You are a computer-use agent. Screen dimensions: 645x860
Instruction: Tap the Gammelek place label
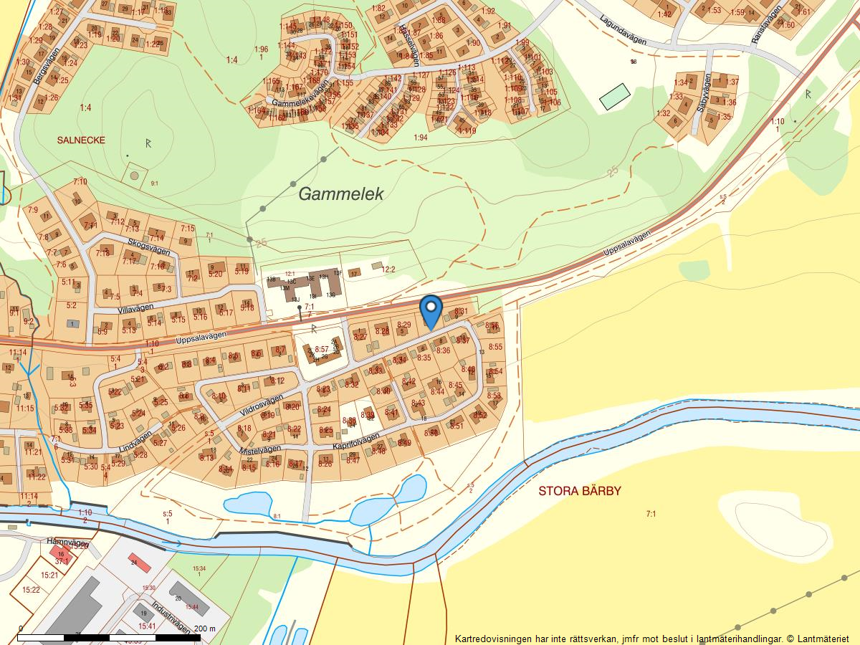[x=341, y=193]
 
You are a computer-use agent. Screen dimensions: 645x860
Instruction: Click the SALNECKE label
[x=81, y=140]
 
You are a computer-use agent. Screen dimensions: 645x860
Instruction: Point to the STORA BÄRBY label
[x=580, y=492]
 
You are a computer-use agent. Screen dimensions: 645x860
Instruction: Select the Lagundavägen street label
[x=623, y=31]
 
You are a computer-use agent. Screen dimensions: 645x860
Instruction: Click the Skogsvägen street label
[x=149, y=246]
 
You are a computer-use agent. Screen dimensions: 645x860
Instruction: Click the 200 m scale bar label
[x=204, y=629]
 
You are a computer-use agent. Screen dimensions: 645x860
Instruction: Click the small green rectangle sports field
[x=614, y=96]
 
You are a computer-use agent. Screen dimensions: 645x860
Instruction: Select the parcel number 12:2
[x=388, y=270]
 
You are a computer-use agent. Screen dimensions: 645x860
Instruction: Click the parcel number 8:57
[x=320, y=349]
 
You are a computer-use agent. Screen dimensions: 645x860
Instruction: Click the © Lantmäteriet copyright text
[x=818, y=638]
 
